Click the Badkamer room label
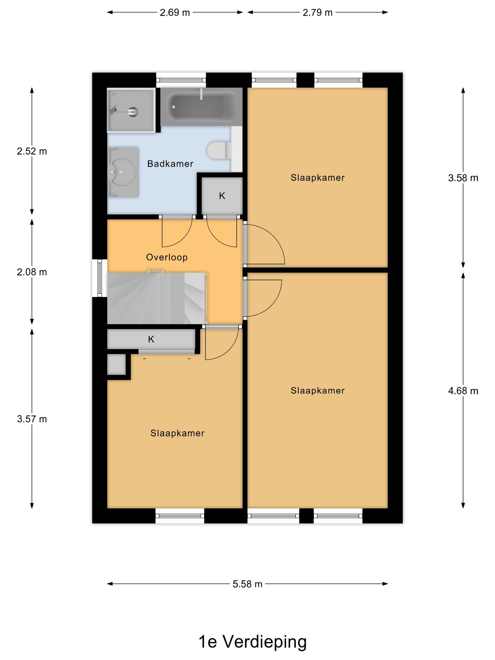(x=170, y=164)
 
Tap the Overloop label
(x=167, y=257)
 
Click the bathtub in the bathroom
(x=201, y=107)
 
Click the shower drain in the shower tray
(x=133, y=111)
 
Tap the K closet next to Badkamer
(x=222, y=196)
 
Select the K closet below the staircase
(x=151, y=339)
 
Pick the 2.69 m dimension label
(x=175, y=13)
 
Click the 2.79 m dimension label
(x=317, y=13)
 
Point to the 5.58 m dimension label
(x=247, y=584)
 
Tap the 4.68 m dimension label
(x=463, y=391)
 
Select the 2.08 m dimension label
(x=32, y=272)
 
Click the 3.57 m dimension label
(x=32, y=419)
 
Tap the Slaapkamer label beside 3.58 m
(x=317, y=178)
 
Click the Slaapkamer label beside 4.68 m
(x=317, y=390)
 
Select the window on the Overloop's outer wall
(x=100, y=278)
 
